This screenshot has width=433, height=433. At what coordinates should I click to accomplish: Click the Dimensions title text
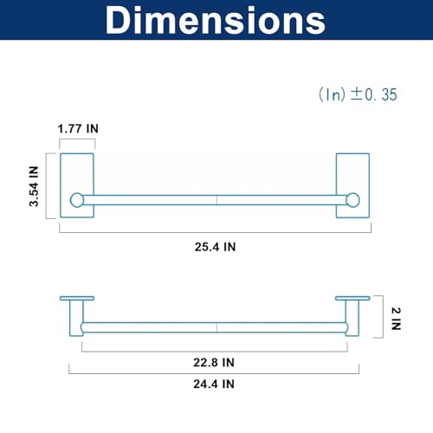(216, 20)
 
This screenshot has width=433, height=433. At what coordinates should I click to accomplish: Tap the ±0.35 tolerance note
(358, 94)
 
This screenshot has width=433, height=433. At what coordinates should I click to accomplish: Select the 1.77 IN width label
(78, 129)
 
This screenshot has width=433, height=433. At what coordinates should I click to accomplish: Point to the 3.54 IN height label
(34, 186)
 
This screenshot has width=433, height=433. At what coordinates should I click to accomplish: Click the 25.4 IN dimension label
(215, 247)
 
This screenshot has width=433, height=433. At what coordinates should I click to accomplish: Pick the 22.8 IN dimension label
(214, 363)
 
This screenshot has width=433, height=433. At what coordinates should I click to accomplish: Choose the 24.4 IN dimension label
(214, 385)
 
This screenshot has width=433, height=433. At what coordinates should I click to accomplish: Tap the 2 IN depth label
(396, 319)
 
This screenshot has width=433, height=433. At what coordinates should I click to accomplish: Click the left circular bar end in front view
(77, 200)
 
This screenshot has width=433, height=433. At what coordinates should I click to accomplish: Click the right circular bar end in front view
(352, 200)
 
